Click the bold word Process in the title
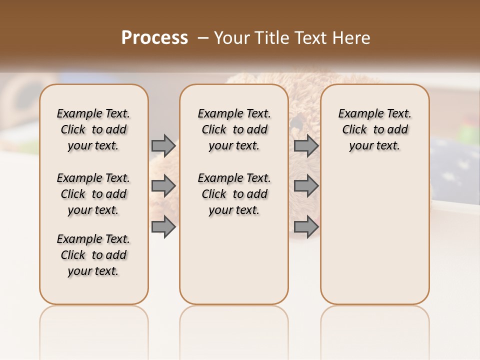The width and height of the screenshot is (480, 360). click(x=154, y=38)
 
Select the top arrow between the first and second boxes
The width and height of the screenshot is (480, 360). click(x=163, y=145)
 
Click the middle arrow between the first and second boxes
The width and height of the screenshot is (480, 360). click(x=163, y=186)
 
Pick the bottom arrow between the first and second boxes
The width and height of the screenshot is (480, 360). click(x=163, y=226)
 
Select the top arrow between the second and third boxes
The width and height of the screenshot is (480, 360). click(x=306, y=145)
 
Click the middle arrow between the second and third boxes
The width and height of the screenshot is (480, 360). click(x=306, y=186)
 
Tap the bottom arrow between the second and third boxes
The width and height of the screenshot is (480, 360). click(x=306, y=226)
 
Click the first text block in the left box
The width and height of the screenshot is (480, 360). click(x=93, y=129)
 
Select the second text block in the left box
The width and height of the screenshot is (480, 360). click(x=93, y=194)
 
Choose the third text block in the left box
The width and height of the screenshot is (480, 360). click(x=93, y=255)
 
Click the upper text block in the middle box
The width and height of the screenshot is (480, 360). click(x=234, y=129)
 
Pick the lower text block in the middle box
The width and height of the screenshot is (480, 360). click(x=234, y=194)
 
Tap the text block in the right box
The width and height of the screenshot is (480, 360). click(x=375, y=129)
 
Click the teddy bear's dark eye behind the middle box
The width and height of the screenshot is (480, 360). click(x=296, y=120)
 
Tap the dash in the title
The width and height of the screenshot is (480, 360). click(x=202, y=38)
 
